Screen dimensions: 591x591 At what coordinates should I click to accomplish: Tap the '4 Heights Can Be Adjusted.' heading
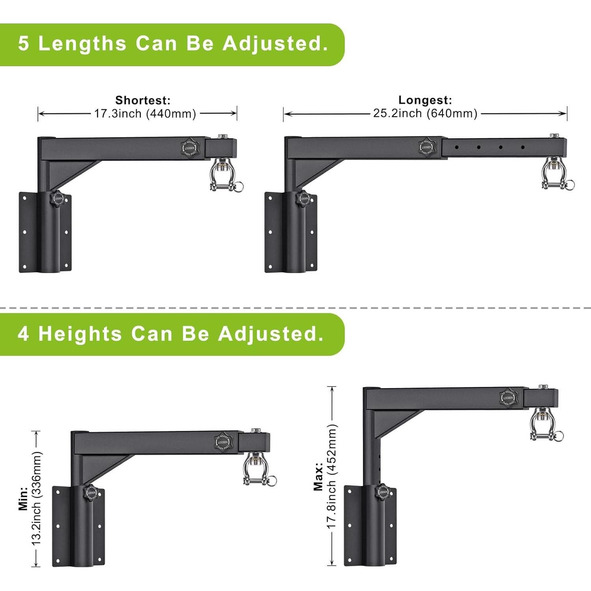170,334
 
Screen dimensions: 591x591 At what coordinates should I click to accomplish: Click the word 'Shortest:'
143,100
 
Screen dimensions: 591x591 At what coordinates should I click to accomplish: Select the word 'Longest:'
425,100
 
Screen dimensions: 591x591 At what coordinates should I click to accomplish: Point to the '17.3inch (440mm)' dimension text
145,114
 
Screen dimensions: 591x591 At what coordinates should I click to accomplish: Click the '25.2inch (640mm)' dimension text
425,113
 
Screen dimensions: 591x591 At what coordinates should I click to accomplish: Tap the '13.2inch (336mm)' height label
37,499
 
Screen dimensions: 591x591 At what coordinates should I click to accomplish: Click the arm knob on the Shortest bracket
190,147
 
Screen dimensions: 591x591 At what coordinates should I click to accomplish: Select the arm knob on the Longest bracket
426,147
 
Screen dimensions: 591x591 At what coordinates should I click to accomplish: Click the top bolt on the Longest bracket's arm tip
555,135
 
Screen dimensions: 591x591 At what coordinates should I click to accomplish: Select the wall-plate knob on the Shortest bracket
58,199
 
